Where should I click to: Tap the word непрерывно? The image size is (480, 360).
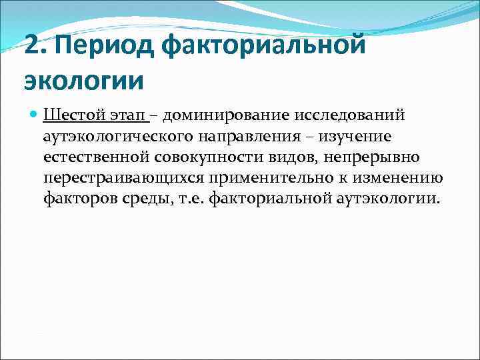point(369,157)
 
